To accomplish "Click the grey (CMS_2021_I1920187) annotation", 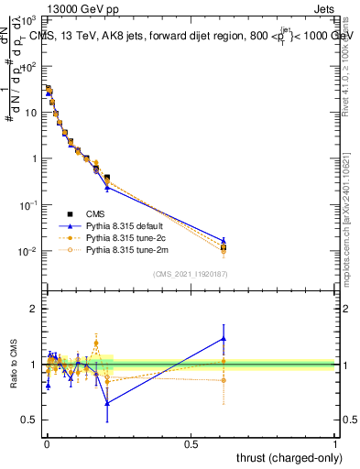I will [191, 274].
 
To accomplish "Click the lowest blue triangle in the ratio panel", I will [107, 403].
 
